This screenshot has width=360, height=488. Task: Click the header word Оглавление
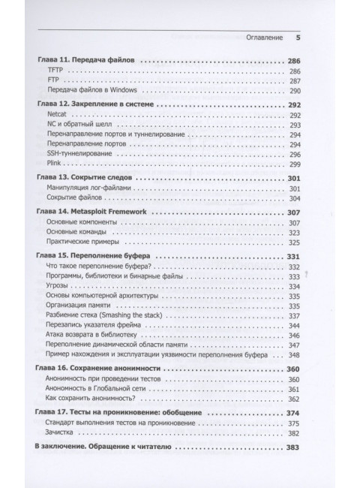263,36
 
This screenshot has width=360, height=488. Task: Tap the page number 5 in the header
298,36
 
